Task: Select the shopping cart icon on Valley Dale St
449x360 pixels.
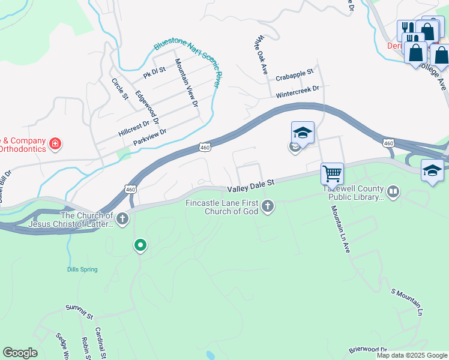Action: [332, 174]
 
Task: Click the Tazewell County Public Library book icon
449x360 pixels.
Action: [393, 192]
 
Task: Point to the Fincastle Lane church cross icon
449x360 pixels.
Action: [268, 207]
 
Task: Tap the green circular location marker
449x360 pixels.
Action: [140, 245]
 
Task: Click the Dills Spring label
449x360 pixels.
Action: [82, 269]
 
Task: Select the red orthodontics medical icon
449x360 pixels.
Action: [55, 143]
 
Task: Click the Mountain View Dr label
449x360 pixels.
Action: [187, 83]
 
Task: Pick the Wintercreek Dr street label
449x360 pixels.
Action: [297, 92]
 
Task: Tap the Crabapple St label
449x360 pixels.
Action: [295, 75]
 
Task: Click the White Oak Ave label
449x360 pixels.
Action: [261, 55]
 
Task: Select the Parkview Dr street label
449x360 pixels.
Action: [149, 136]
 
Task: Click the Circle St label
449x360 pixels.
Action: [120, 88]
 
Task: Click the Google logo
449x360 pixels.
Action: [20, 353]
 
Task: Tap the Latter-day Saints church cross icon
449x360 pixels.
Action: [122, 218]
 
